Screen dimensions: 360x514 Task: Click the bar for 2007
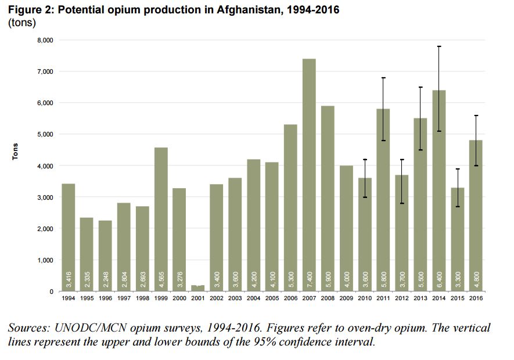point(308,174)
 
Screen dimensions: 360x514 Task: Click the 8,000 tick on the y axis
point(46,40)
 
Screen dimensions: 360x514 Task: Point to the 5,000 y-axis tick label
point(46,135)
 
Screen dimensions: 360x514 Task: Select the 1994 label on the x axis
point(68,298)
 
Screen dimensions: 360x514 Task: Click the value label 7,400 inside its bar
point(308,278)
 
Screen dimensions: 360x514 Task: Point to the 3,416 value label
point(69,278)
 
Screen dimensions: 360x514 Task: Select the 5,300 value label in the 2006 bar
point(290,278)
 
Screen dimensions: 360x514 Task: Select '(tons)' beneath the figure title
point(21,23)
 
